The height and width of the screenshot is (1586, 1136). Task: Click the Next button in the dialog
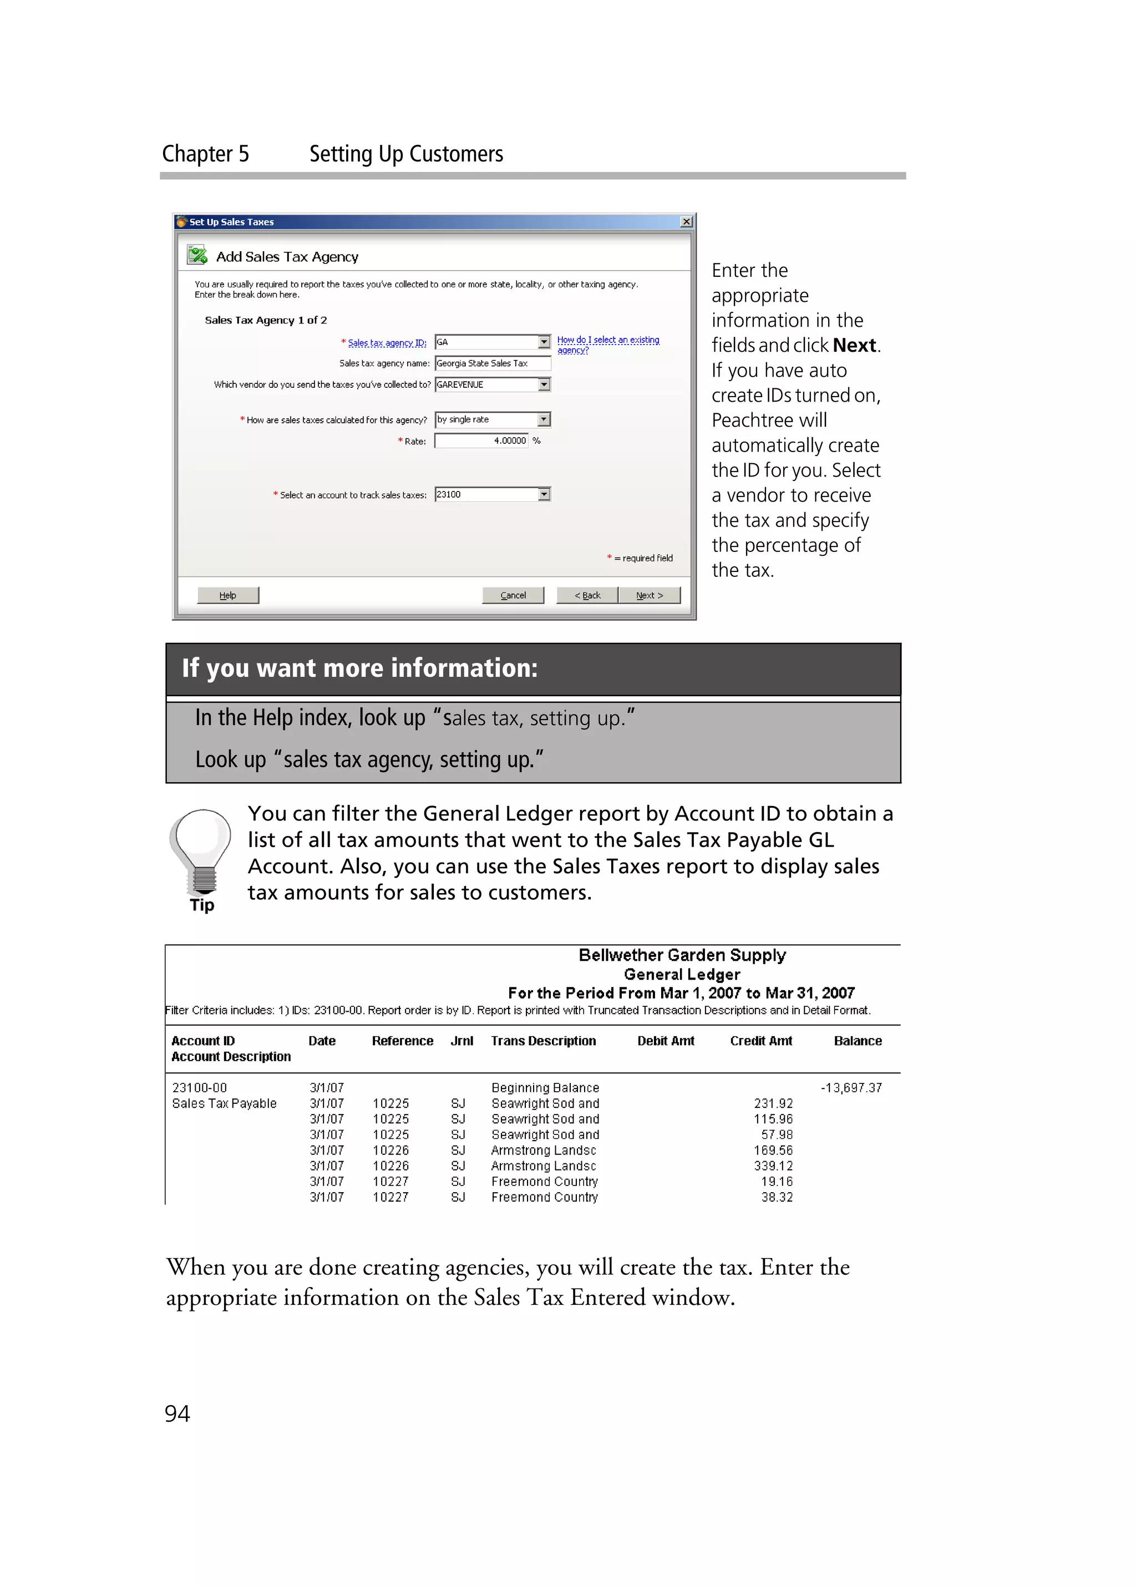point(649,595)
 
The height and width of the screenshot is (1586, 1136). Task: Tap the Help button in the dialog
point(228,595)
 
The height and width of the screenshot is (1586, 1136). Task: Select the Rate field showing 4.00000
point(481,440)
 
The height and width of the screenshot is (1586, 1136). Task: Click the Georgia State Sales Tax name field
point(492,363)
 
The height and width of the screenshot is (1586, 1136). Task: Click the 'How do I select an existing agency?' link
point(607,344)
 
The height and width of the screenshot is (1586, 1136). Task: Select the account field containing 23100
point(486,494)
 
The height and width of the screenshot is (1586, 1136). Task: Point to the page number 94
point(177,1413)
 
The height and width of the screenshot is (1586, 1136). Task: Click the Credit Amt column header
point(760,1041)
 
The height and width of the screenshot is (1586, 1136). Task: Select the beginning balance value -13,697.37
point(851,1087)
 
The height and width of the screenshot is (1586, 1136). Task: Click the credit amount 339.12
point(773,1166)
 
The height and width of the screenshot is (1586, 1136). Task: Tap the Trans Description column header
point(543,1041)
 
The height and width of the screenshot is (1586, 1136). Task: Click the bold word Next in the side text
point(854,346)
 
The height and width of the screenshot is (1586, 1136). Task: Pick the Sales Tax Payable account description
point(225,1103)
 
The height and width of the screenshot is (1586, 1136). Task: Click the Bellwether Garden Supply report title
point(682,955)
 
